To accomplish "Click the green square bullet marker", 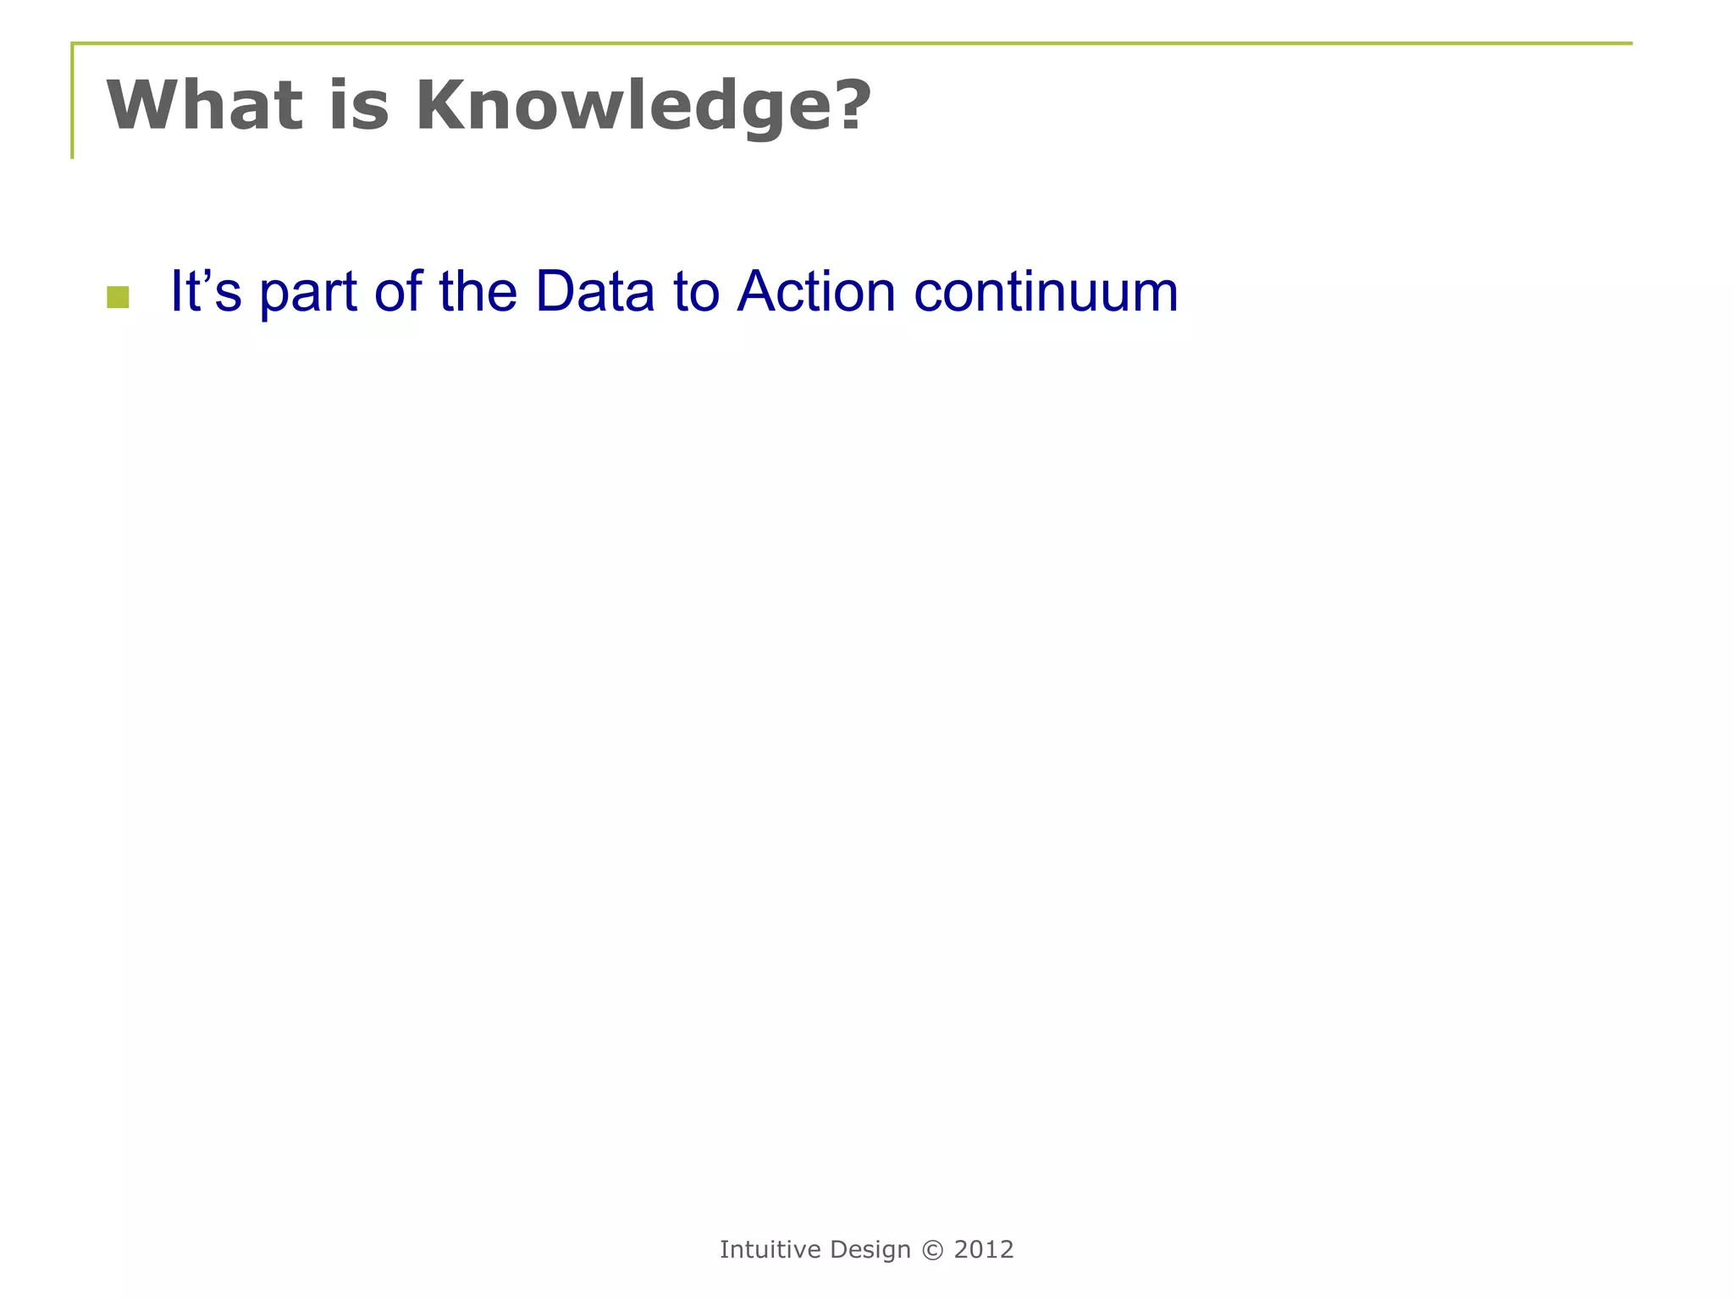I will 118,297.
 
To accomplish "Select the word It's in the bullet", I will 206,291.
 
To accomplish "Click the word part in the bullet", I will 307,293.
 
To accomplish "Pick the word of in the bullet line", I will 398,291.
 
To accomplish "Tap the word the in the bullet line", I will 478,291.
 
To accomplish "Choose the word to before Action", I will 696,291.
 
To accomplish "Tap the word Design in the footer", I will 870,1250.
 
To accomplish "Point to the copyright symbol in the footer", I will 932,1250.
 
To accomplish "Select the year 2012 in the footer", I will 983,1249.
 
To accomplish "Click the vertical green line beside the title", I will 72,102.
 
